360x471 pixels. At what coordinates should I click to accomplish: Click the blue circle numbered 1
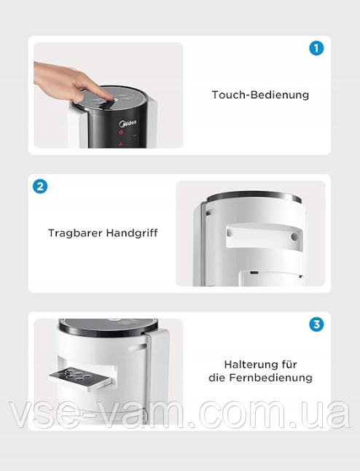(x=316, y=48)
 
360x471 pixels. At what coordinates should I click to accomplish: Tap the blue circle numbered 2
(x=40, y=186)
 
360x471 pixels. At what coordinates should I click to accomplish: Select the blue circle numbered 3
(x=316, y=324)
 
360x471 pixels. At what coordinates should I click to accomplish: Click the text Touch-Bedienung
(x=260, y=95)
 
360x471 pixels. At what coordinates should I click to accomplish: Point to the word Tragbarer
(x=76, y=233)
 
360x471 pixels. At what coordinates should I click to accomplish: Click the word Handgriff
(x=132, y=233)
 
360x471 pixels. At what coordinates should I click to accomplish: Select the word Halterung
(x=251, y=365)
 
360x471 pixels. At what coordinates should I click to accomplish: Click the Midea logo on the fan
(x=128, y=123)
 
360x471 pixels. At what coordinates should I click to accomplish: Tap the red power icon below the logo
(x=121, y=132)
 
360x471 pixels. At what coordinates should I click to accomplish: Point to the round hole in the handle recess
(x=294, y=237)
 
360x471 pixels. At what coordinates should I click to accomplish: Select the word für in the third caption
(x=289, y=365)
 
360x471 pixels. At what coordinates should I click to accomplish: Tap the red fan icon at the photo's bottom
(x=121, y=144)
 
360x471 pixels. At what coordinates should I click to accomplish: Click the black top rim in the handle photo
(x=254, y=197)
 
